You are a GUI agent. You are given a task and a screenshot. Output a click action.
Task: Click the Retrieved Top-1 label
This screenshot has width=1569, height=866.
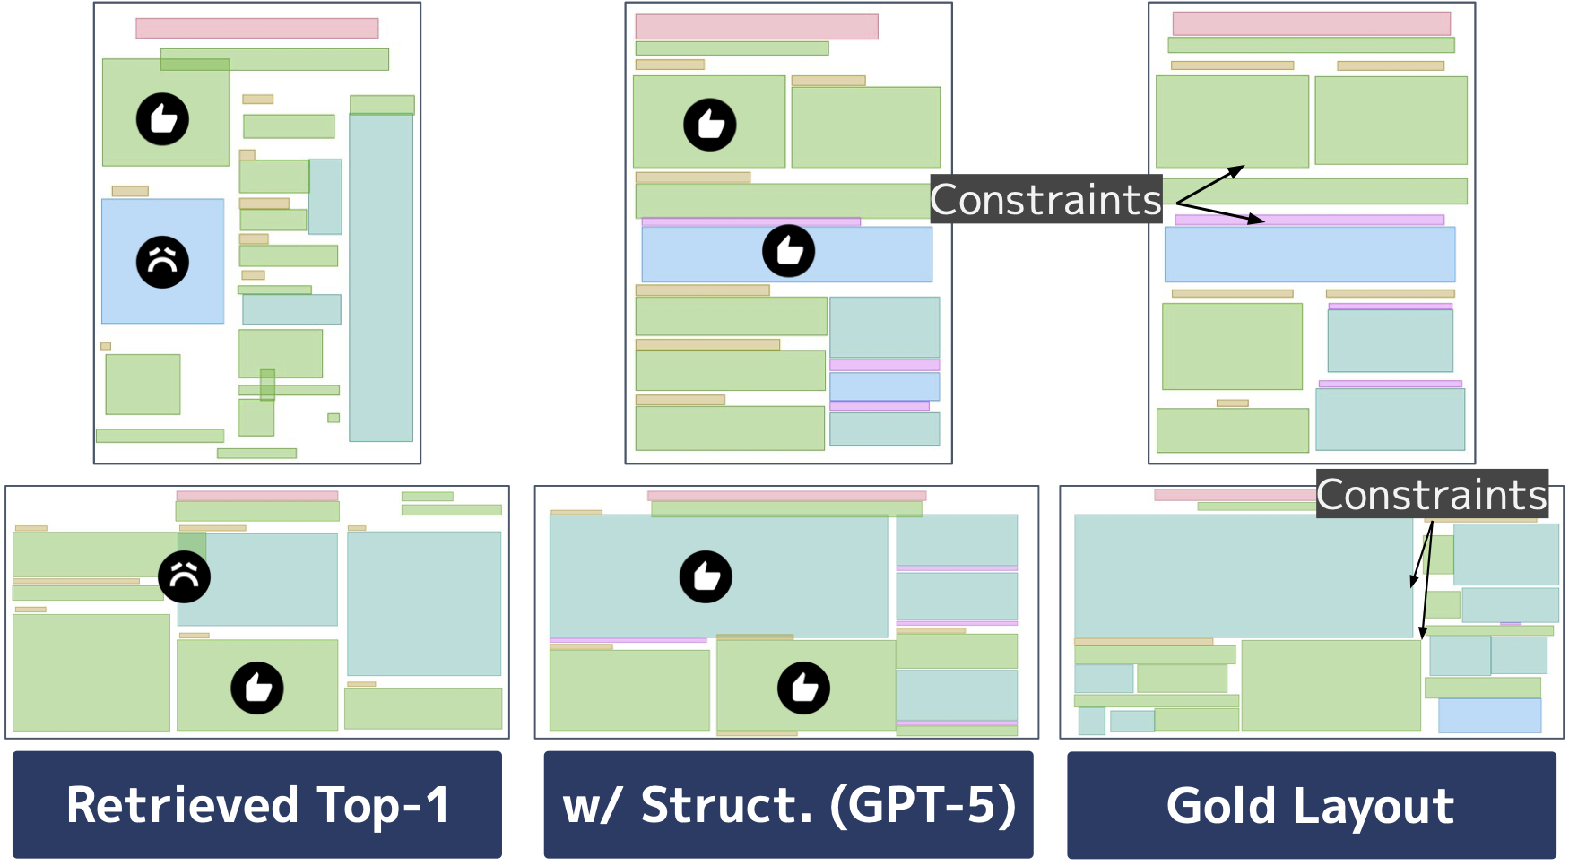[x=257, y=804]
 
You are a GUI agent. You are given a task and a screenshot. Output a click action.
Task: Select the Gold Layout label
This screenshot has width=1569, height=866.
[x=1310, y=804]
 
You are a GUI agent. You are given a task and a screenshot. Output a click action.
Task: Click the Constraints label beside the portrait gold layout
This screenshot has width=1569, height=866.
[x=1045, y=199]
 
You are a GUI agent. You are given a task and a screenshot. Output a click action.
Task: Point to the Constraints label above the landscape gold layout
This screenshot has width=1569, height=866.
[x=1432, y=494]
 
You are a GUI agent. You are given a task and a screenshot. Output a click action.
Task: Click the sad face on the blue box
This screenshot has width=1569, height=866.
[x=162, y=262]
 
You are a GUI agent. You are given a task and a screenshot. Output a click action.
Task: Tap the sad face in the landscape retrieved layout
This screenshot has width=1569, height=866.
[x=185, y=576]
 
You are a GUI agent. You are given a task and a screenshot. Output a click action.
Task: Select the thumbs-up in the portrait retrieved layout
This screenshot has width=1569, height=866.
[x=162, y=118]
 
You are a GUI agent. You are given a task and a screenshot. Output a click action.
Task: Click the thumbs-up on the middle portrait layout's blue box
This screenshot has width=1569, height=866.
[x=788, y=250]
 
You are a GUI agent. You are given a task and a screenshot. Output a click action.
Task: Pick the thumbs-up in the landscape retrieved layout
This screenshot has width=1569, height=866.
[x=257, y=688]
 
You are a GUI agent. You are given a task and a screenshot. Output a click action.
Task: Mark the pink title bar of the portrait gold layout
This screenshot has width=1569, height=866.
[x=1311, y=23]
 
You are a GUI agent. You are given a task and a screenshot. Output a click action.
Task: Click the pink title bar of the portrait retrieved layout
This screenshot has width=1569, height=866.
[x=256, y=28]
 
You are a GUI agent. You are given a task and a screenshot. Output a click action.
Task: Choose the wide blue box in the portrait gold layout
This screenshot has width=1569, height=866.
[x=1309, y=255]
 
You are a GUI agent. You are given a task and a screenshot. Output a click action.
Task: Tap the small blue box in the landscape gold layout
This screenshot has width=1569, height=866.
[x=1489, y=715]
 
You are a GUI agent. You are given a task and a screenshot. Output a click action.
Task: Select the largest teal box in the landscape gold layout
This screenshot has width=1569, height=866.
[x=1243, y=576]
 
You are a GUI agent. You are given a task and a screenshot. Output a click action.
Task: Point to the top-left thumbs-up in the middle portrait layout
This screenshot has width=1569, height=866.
[x=710, y=125]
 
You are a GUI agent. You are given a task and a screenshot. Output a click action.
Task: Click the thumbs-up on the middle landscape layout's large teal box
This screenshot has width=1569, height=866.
[x=706, y=576]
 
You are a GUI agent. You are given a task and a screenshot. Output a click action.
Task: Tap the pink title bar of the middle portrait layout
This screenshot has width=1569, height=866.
[x=756, y=26]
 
